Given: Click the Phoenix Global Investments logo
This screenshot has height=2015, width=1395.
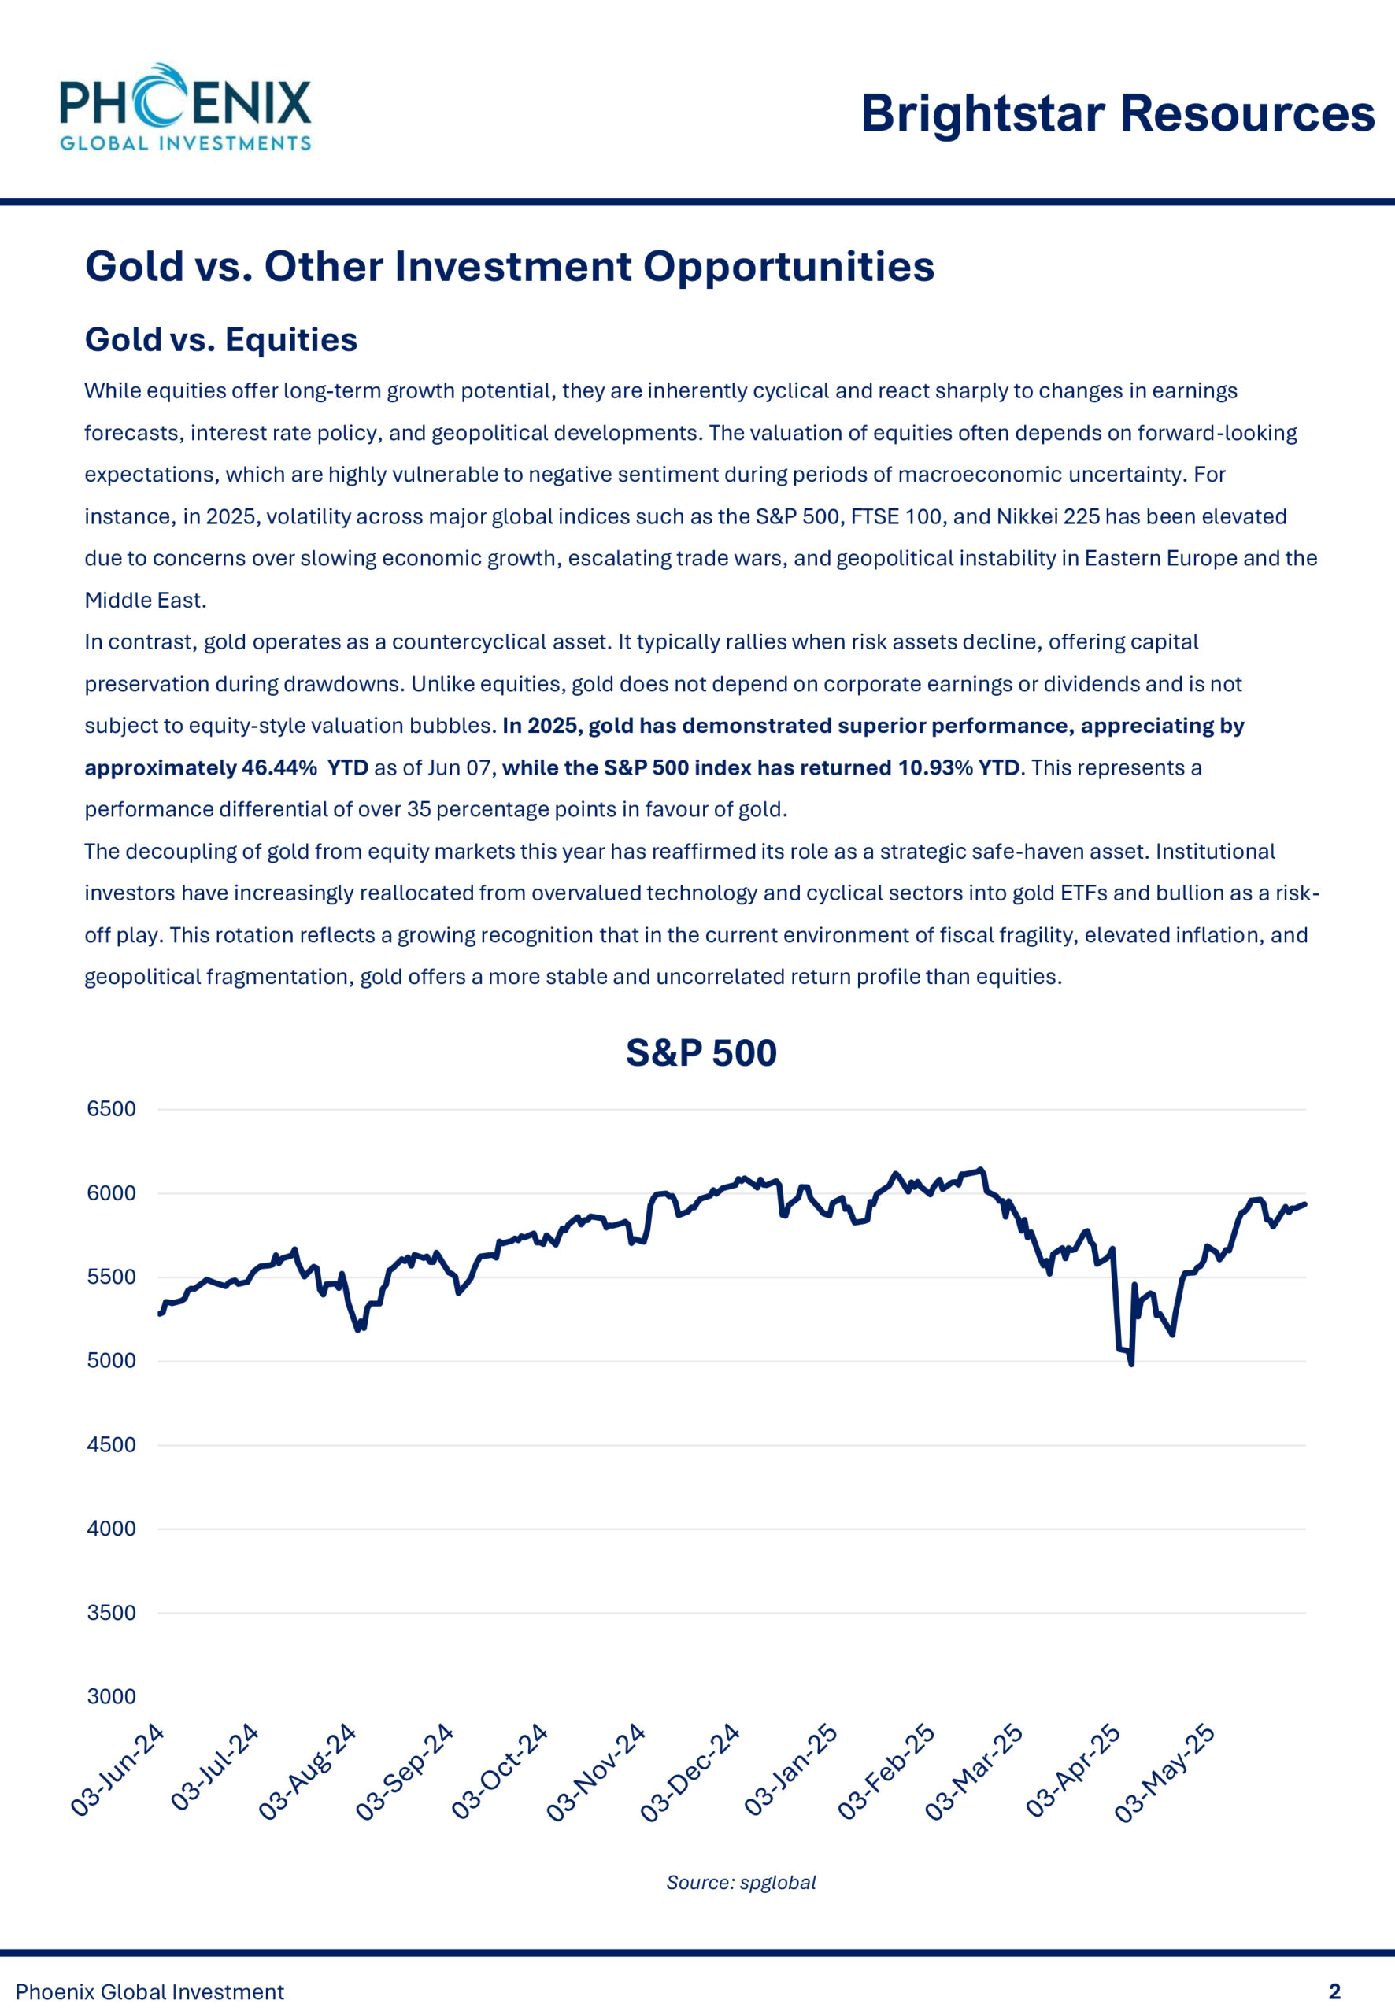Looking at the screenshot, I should [185, 108].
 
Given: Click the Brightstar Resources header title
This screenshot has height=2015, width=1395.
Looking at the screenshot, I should [1117, 113].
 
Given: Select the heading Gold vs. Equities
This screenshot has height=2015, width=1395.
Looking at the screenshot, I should [220, 339].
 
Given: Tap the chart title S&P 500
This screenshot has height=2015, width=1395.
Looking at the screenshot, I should [701, 1053].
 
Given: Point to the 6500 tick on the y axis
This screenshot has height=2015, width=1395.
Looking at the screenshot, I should [111, 1109].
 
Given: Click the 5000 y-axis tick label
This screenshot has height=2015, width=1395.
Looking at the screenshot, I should [111, 1360].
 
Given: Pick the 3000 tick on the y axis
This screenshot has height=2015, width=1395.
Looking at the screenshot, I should [111, 1696].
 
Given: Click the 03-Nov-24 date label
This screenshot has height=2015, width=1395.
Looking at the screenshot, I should [596, 1772].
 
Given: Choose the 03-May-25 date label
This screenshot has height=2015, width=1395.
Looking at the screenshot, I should [1164, 1772].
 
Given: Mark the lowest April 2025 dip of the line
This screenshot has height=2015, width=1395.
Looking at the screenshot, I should [1132, 1363].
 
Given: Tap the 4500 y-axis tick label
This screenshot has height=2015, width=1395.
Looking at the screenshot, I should [111, 1444].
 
